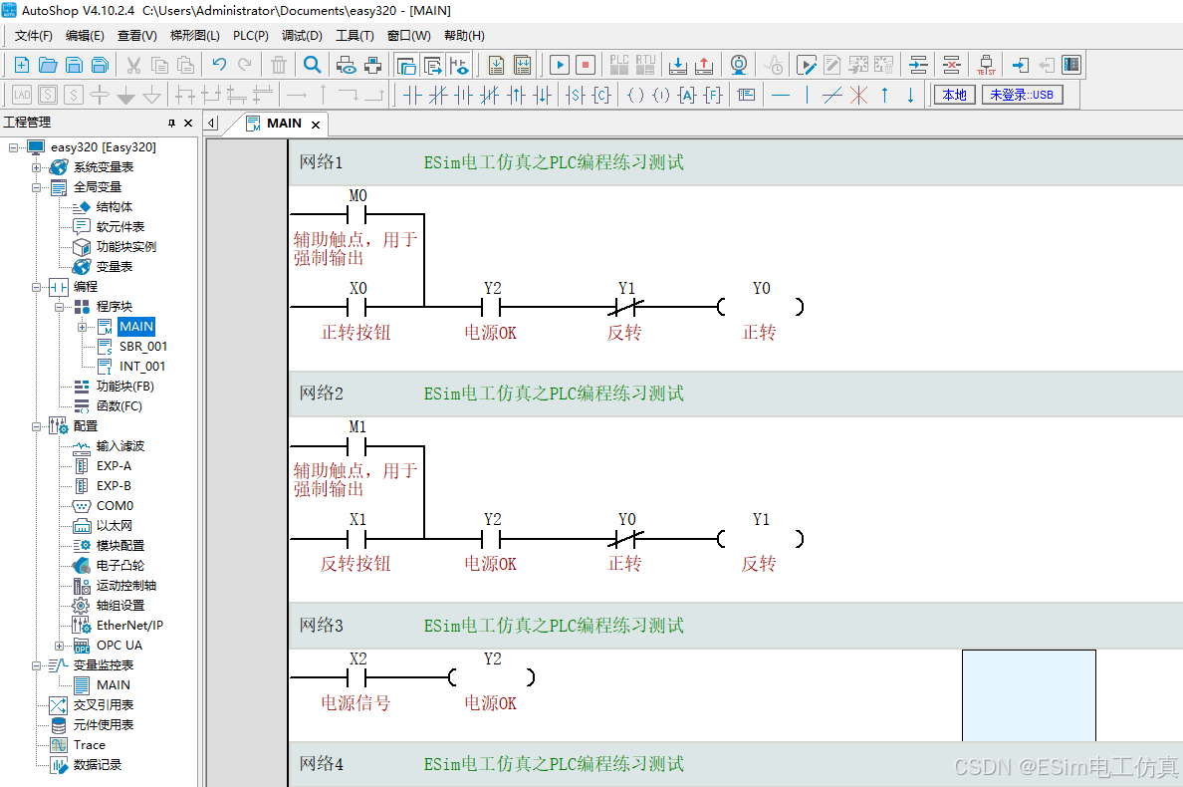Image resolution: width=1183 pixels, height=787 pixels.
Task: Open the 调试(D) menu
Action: (x=302, y=36)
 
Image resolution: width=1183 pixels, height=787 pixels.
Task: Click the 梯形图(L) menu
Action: (x=194, y=36)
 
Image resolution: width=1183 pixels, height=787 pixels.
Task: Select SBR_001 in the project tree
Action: (x=143, y=347)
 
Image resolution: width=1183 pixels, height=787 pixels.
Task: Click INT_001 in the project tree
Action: (x=141, y=366)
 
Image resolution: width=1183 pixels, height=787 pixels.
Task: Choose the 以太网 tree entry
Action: (x=114, y=525)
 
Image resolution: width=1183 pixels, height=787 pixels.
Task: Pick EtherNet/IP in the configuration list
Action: (x=129, y=625)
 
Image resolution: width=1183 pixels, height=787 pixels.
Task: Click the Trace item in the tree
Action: (x=89, y=745)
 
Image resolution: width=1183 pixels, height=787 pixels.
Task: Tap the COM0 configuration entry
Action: (x=115, y=505)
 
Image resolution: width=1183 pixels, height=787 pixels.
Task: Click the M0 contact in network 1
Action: (x=356, y=214)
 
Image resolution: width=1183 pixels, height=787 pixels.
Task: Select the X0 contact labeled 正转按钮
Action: (x=356, y=307)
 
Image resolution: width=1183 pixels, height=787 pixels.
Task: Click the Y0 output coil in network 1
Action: (x=761, y=307)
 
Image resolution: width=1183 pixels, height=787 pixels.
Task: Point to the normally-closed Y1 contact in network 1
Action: (x=626, y=307)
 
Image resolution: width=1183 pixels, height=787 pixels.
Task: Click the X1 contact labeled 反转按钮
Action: (x=356, y=539)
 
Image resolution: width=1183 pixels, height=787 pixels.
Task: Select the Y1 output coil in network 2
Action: (x=761, y=539)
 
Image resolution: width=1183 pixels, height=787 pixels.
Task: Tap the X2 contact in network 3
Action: (x=356, y=677)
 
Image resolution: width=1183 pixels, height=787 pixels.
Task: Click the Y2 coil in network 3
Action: (x=492, y=677)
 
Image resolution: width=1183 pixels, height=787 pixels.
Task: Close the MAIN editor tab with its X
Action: (x=316, y=125)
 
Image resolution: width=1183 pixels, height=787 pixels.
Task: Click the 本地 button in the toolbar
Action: (x=954, y=95)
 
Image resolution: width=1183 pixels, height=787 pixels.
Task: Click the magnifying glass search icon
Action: (x=312, y=65)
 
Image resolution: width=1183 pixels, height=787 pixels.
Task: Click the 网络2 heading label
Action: (x=322, y=393)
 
